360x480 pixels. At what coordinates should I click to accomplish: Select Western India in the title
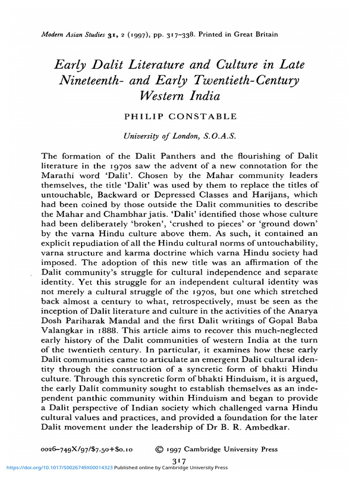pyautogui.click(x=180, y=96)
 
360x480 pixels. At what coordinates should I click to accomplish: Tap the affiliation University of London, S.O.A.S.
pyautogui.click(x=180, y=136)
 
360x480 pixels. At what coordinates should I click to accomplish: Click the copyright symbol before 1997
pyautogui.click(x=159, y=449)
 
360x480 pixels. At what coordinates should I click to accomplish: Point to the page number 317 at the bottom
pyautogui.click(x=180, y=462)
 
